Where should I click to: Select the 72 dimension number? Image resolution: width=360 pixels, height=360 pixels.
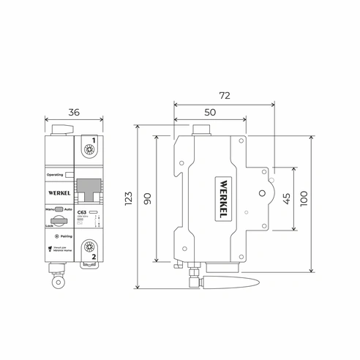224,96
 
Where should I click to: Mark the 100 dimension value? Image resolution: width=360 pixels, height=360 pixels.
304,198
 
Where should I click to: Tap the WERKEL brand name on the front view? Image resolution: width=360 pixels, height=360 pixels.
59,193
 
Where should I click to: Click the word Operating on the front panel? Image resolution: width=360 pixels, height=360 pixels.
54,176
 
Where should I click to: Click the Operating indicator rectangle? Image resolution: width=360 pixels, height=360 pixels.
69,176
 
